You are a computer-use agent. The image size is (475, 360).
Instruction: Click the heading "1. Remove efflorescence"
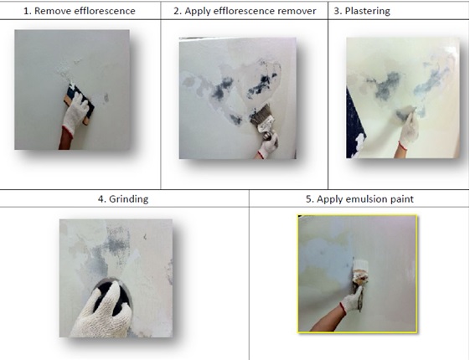click(80, 11)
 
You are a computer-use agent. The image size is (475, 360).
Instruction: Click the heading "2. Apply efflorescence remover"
click(245, 11)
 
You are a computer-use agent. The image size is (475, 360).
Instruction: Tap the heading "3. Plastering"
click(362, 11)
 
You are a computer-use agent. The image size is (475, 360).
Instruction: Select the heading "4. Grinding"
click(123, 199)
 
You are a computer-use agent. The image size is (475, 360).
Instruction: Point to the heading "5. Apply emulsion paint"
click(359, 199)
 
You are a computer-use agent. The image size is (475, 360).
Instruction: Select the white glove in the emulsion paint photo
click(352, 300)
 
